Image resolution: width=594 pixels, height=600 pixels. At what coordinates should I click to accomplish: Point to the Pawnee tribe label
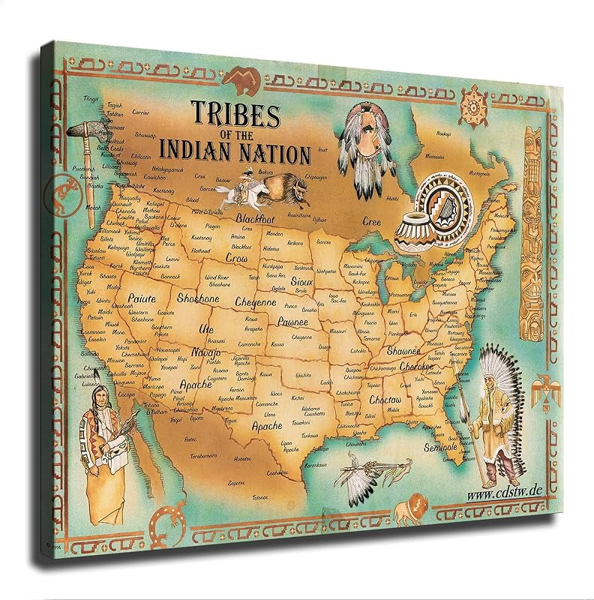tap(272, 322)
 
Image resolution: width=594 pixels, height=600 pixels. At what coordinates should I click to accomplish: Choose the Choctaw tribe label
tap(385, 401)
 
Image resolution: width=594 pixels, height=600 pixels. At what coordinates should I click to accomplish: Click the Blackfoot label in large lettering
tap(253, 218)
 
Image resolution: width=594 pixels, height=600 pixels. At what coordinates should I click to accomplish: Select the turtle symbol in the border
tap(472, 101)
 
